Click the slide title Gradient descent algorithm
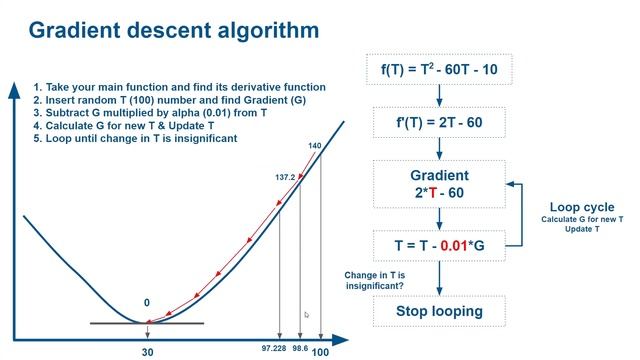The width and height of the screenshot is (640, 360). point(174,30)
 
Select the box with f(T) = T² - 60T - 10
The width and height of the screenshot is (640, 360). point(438,70)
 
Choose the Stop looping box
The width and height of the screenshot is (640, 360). point(438,310)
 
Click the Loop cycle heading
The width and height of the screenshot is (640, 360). point(581,207)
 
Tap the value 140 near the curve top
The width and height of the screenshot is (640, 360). point(315,146)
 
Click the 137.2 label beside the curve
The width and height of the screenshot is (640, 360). point(285,177)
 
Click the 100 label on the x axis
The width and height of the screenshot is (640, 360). point(321,352)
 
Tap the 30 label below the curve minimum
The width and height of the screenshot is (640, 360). point(147,352)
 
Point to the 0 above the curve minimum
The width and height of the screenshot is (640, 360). point(147,302)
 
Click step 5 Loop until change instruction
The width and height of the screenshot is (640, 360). point(135,138)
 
